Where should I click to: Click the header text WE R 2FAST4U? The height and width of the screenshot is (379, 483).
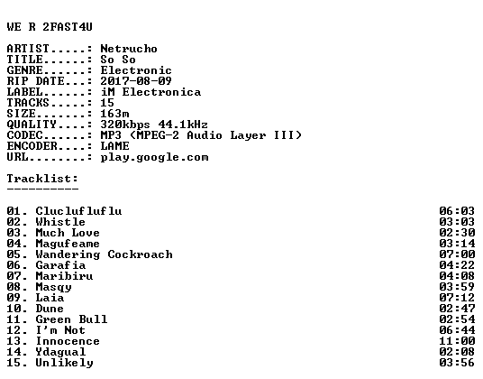click(50, 27)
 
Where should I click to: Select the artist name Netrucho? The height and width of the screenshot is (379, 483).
click(129, 49)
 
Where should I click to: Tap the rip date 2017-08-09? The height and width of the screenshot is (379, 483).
click(136, 81)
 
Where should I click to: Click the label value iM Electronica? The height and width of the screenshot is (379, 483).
click(150, 92)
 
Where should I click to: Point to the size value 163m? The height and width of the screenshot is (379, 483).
click(114, 114)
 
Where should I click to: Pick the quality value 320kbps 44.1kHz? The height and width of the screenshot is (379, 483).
click(154, 125)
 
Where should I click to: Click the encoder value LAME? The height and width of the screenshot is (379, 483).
click(115, 146)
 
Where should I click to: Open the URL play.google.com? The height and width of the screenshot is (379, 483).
click(154, 157)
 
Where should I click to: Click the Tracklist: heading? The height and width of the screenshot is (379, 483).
click(42, 179)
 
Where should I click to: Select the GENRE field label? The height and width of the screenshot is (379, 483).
click(25, 70)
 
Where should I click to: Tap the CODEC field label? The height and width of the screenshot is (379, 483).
click(25, 135)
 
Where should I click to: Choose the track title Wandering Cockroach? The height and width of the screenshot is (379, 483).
click(105, 254)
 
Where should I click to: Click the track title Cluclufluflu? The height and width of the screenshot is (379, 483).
click(78, 211)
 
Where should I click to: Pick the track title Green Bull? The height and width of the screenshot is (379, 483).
click(71, 319)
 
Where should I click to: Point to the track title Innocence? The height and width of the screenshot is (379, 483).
click(68, 341)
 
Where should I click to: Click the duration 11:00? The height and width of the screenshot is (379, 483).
click(457, 341)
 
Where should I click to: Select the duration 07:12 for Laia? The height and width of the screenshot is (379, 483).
click(457, 298)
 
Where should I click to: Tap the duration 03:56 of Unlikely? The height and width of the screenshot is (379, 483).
click(457, 363)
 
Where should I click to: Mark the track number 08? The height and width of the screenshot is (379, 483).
click(14, 287)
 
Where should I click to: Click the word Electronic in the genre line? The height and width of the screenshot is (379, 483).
click(136, 70)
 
